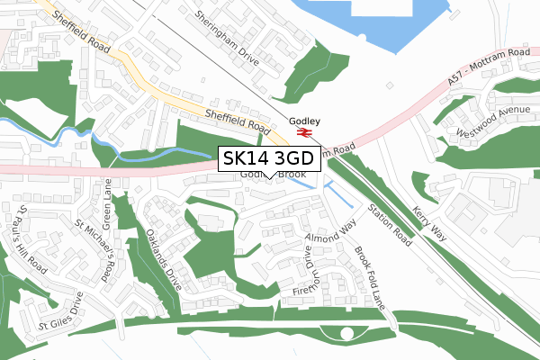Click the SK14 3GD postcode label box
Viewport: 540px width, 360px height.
(268, 158)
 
